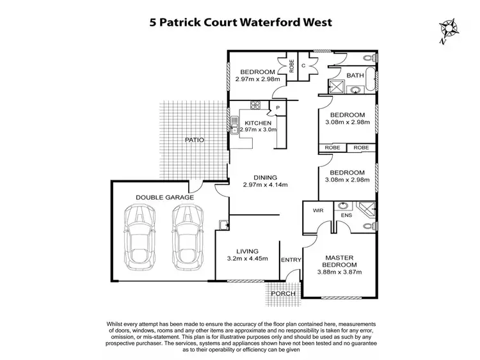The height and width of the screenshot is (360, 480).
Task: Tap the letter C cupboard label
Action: (303, 65)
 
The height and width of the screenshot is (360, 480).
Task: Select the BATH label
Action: (355, 75)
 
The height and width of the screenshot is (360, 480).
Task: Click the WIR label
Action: (318, 210)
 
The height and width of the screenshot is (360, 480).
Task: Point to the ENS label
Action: (346, 215)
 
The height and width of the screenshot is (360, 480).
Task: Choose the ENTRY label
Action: (291, 260)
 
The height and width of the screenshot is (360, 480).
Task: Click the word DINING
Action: (265, 177)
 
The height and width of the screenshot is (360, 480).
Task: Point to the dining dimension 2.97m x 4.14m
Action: (265, 185)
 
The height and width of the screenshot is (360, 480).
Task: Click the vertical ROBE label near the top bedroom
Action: (291, 66)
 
